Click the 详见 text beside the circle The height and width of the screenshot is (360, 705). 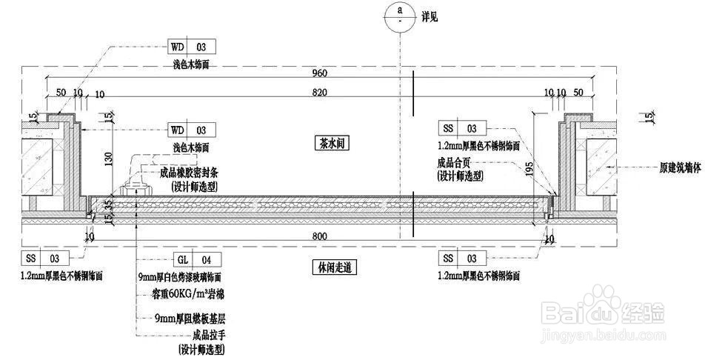click(x=430, y=16)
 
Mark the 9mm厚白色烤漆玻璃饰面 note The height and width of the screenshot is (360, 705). click(x=180, y=276)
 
